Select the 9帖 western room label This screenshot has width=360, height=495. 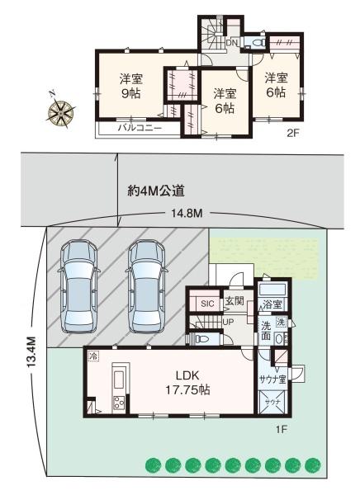(130, 87)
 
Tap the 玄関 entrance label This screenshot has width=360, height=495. (234, 303)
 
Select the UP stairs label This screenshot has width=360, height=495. (228, 321)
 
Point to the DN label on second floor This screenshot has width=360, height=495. (232, 42)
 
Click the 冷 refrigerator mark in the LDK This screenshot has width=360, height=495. (92, 356)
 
